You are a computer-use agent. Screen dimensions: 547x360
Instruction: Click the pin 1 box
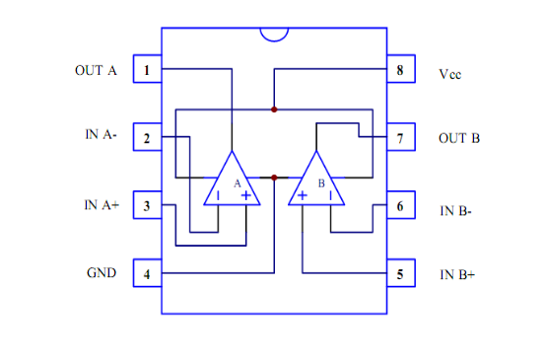point(148,69)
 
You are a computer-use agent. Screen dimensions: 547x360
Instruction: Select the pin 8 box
point(401,69)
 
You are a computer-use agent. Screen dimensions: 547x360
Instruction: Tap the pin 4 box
point(148,273)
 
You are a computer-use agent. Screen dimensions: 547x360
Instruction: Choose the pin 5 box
point(401,273)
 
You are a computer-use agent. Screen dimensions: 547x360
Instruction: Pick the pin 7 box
point(401,137)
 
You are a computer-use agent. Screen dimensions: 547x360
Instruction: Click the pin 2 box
point(148,137)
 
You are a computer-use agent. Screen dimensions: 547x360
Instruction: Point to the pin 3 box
point(148,205)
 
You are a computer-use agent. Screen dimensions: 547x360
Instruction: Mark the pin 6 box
point(401,205)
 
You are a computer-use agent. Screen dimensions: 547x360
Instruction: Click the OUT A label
point(96,71)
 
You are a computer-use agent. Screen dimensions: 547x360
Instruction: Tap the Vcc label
point(450,74)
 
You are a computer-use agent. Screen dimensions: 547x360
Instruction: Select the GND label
point(102,272)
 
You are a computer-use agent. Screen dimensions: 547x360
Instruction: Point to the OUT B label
point(459,138)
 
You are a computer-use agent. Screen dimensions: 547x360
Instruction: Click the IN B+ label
point(457,275)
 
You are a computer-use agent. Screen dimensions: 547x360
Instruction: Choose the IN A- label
point(101,134)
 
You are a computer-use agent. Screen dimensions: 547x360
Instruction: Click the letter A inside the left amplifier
point(238,183)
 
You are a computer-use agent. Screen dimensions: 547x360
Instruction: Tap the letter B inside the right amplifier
point(321,183)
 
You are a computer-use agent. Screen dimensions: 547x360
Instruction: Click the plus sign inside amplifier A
point(246,195)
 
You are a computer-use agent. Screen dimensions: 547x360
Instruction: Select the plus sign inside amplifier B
point(303,195)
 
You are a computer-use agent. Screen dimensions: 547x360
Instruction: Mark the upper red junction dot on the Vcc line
point(274,109)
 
